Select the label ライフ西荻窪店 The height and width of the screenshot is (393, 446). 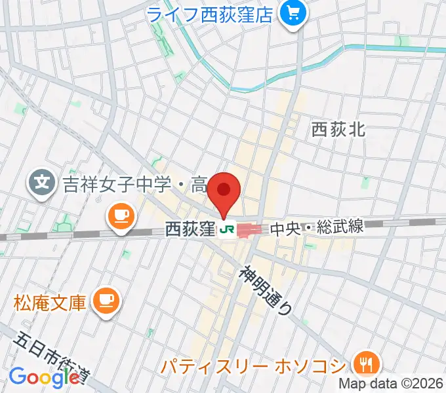210,14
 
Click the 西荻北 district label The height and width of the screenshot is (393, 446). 338,130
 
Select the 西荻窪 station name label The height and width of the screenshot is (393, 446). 190,229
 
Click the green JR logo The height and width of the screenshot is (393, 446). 228,229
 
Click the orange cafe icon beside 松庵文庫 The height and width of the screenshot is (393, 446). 105,301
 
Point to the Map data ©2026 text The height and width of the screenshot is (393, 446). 391,383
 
